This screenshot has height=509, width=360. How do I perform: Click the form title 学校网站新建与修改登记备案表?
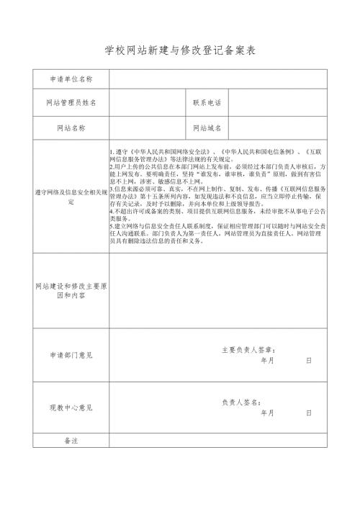[x=180, y=51]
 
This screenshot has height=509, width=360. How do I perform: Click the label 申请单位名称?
[x=71, y=78]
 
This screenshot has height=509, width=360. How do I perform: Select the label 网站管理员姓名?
[x=71, y=103]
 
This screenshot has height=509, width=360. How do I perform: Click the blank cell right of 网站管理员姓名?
[x=147, y=103]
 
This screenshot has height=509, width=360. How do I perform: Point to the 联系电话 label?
[x=207, y=103]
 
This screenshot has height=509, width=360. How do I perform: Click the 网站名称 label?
[x=71, y=128]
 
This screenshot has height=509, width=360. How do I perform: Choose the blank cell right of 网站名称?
[x=147, y=128]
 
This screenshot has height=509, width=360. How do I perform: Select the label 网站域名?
[x=207, y=128]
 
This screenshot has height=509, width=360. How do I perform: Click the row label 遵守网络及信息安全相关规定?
[x=71, y=197]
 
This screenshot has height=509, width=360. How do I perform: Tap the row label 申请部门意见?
[x=71, y=355]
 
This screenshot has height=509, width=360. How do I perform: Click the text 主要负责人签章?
[x=248, y=350]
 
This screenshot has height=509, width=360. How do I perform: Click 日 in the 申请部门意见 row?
[x=308, y=360]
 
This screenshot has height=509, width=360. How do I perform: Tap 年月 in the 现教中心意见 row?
[x=267, y=413]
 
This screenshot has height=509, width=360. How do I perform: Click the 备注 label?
[x=71, y=440]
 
